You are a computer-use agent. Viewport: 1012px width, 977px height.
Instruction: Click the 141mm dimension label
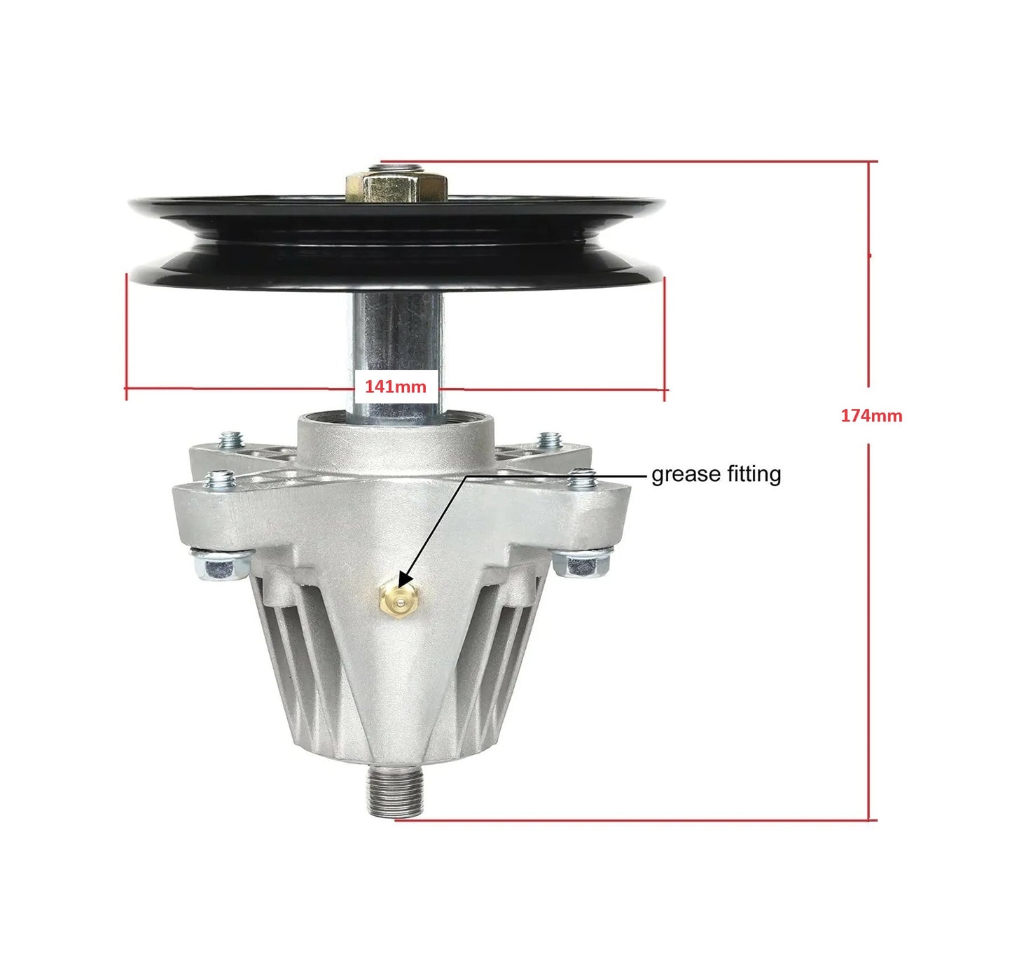pyautogui.click(x=395, y=387)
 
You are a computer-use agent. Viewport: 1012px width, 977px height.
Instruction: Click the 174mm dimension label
pyautogui.click(x=872, y=415)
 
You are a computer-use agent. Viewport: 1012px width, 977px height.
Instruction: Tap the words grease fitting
pyautogui.click(x=716, y=475)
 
